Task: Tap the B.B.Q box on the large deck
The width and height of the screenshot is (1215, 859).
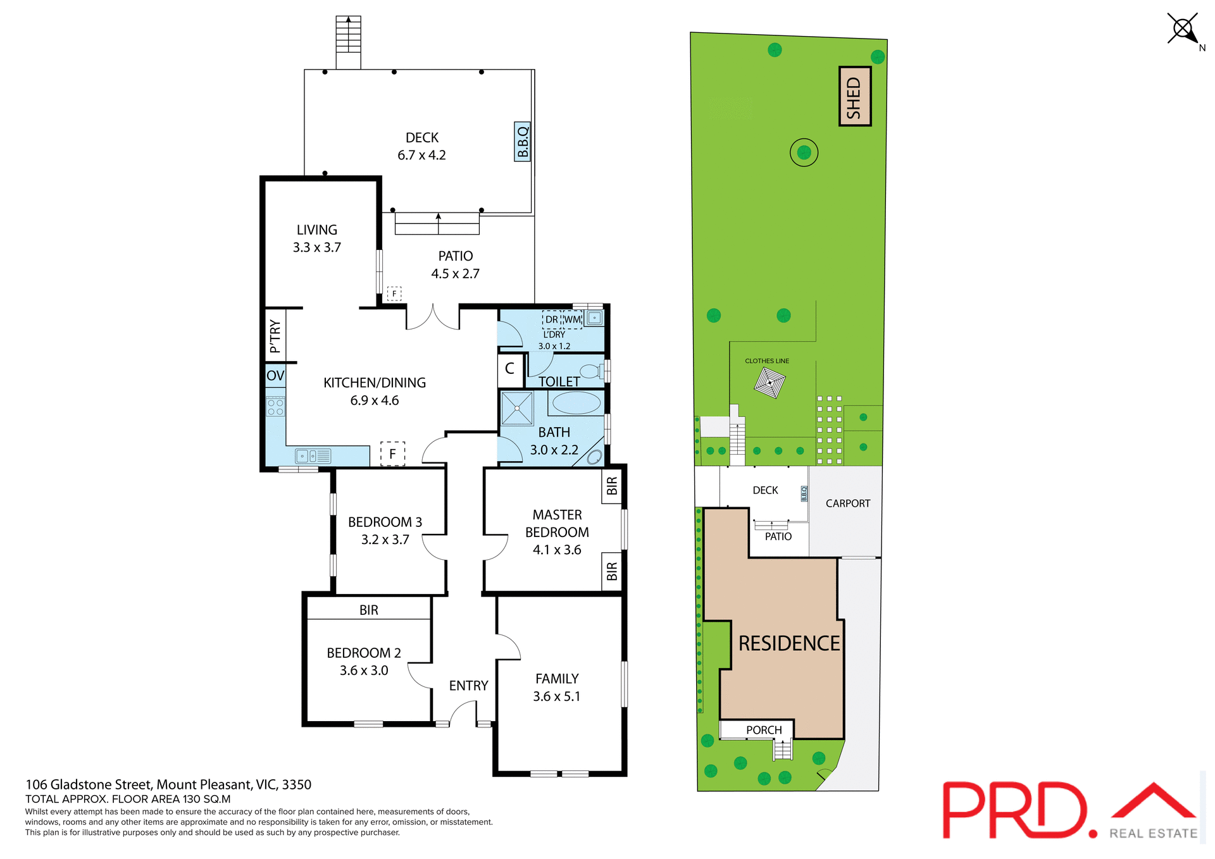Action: point(522,142)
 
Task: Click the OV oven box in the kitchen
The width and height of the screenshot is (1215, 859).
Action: point(275,375)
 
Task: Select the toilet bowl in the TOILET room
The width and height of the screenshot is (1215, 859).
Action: point(591,371)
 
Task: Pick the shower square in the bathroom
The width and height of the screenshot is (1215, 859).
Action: point(517,408)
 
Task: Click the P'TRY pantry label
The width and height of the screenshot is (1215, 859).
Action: point(275,336)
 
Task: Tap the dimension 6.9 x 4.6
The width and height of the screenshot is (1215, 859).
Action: point(375,400)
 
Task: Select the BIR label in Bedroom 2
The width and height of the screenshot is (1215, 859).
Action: point(369,610)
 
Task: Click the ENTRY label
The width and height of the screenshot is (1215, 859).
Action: point(468,686)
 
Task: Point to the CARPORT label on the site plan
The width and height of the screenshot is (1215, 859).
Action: point(847,504)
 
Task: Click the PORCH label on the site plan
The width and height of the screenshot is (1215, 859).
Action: point(764,730)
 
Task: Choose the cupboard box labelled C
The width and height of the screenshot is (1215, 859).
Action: point(510,369)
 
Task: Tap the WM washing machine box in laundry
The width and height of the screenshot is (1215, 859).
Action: point(572,319)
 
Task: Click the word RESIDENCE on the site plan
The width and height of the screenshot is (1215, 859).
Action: point(789,643)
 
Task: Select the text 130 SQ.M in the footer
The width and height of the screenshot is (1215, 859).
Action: point(207,799)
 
